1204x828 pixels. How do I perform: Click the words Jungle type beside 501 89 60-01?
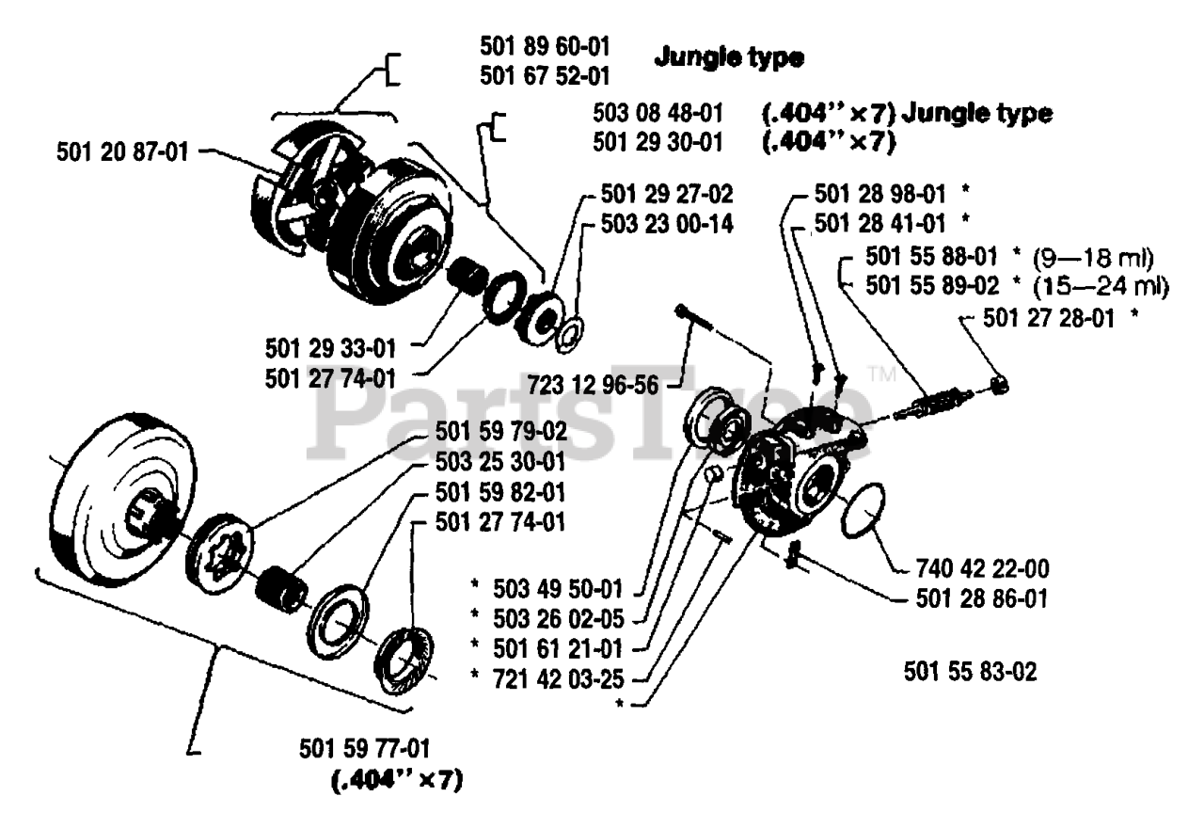pos(729,57)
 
